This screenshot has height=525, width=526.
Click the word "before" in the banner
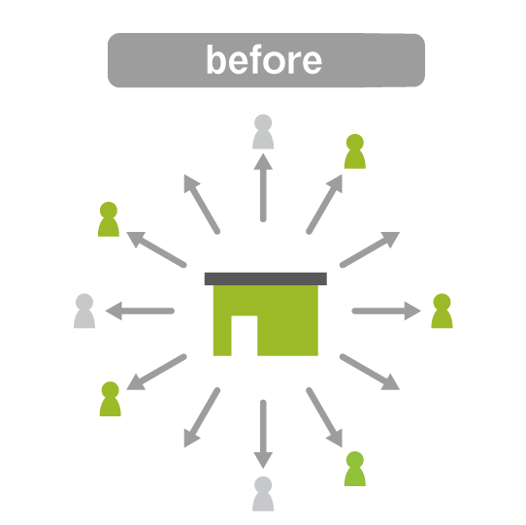[x=264, y=60]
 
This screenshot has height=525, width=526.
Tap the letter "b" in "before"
[x=215, y=59]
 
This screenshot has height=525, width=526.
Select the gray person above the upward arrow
[x=263, y=132]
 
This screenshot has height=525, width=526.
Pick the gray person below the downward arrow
[x=263, y=494]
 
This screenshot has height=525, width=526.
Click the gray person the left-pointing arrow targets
[x=84, y=311]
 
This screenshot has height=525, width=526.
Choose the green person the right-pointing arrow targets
[x=442, y=311]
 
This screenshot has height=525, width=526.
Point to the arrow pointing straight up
[x=263, y=188]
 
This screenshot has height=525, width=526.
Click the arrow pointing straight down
[x=263, y=434]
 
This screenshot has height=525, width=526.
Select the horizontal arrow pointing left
[x=140, y=311]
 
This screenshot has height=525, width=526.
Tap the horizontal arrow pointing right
[x=386, y=311]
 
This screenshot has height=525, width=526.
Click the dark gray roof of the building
[x=266, y=279]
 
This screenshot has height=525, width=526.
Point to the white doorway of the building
[x=245, y=336]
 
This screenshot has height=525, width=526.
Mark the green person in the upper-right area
[x=355, y=151]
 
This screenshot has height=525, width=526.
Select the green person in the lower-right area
[x=355, y=469]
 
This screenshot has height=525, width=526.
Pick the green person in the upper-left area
[x=109, y=219]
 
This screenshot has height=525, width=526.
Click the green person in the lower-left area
[x=110, y=399]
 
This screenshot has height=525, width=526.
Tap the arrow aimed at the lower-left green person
[x=156, y=372]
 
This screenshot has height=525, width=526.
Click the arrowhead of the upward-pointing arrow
[x=263, y=162]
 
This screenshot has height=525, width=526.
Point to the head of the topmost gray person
[x=263, y=123]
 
